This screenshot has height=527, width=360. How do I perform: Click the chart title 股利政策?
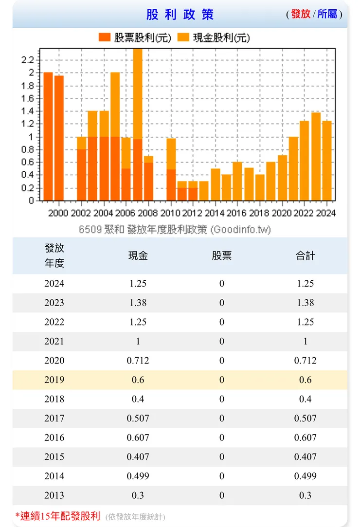point(180,14)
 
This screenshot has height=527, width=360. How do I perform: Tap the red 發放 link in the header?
point(301,14)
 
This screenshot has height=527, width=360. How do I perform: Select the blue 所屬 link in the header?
point(327,14)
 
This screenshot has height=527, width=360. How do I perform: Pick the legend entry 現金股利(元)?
point(215,37)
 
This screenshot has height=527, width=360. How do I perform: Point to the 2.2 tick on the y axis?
point(28,60)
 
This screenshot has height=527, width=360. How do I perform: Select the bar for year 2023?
point(316,156)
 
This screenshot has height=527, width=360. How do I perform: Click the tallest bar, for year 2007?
point(138,124)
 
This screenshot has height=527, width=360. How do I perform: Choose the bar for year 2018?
point(260,187)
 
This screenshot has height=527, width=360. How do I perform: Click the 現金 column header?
point(138,255)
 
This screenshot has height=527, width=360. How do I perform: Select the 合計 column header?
point(306,255)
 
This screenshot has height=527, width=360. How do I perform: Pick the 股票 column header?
point(222,255)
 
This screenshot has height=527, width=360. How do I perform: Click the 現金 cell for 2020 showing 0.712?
point(138,361)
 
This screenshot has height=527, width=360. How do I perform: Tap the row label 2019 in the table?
point(54,380)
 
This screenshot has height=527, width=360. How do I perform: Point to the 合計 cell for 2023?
point(306,303)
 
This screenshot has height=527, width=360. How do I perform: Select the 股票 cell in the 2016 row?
point(222,437)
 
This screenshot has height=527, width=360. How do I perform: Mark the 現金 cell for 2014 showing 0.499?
point(138,476)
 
